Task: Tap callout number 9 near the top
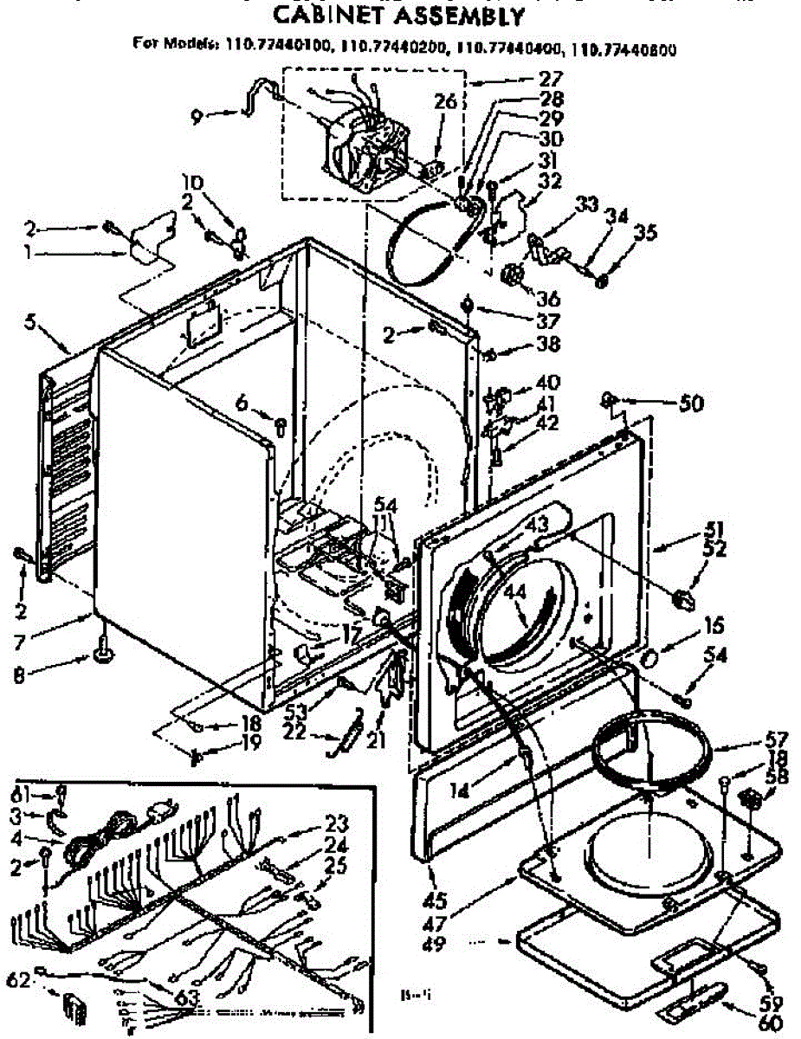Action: tap(198, 114)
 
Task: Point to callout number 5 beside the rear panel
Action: tap(31, 322)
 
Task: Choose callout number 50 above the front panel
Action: tap(692, 403)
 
